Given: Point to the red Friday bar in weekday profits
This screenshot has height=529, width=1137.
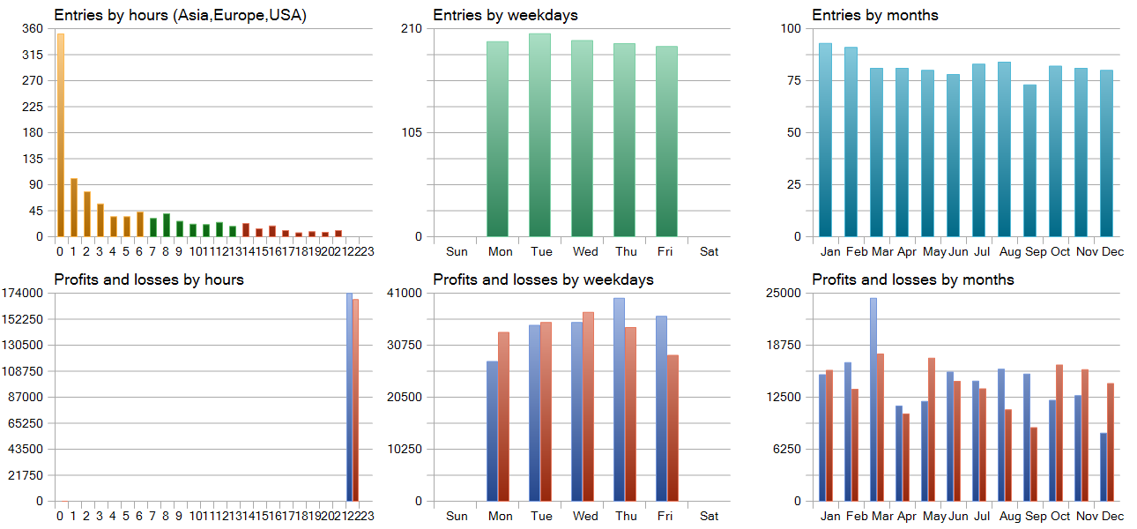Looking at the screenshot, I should [x=673, y=428].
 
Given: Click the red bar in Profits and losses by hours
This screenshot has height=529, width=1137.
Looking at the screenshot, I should [x=355, y=400].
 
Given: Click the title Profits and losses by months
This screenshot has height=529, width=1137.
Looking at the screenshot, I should [x=912, y=279].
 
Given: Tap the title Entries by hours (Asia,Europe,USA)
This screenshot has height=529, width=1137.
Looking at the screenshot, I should [x=180, y=15].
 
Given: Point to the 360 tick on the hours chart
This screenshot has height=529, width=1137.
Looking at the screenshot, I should [x=33, y=28].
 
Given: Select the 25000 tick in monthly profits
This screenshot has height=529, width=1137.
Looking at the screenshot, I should [x=785, y=293].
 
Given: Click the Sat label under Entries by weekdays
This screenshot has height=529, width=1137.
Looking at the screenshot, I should [x=709, y=251].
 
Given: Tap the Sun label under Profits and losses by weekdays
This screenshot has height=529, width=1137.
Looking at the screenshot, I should [x=457, y=516].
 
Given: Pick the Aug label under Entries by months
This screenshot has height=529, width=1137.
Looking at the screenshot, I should [x=1010, y=251].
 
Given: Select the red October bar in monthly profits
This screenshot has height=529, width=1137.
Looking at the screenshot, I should [x=1059, y=433].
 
